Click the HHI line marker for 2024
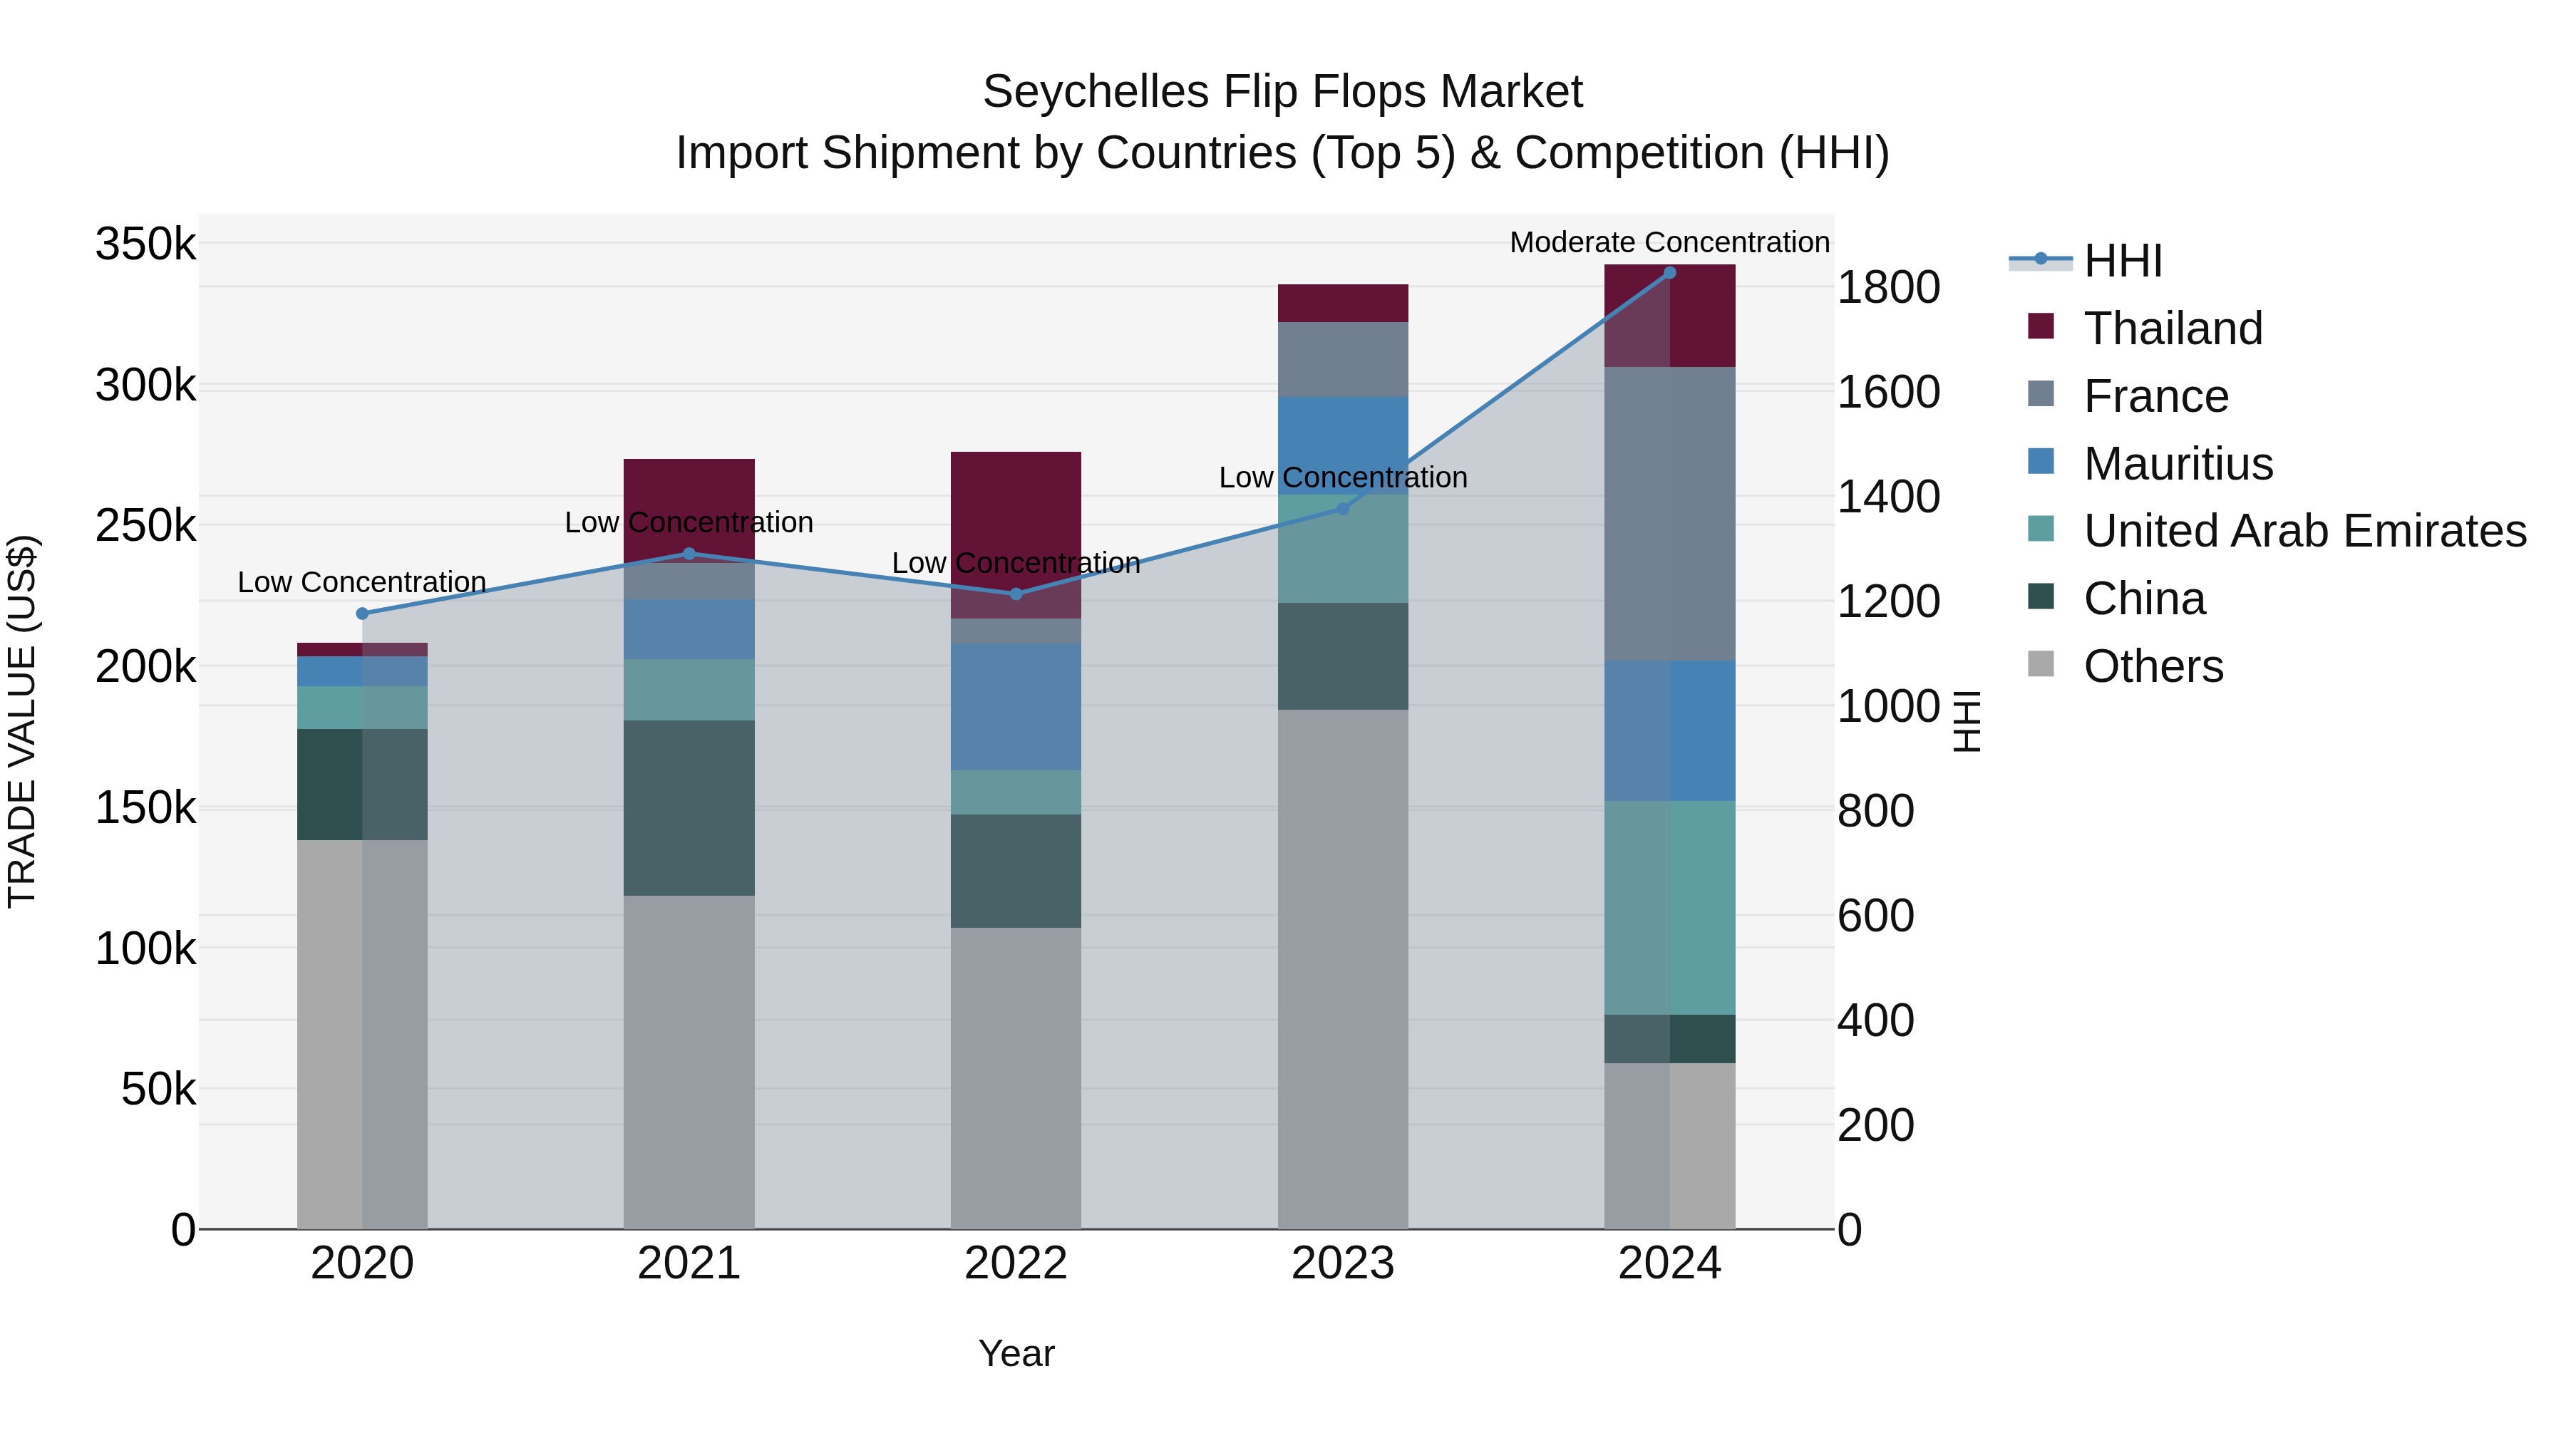pyautogui.click(x=1669, y=273)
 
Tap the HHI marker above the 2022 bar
pyautogui.click(x=1016, y=594)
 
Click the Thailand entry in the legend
pyautogui.click(x=2173, y=329)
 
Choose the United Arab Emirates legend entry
pyautogui.click(x=2304, y=531)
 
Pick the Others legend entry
pyautogui.click(x=2153, y=666)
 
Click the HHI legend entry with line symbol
pyautogui.click(x=2122, y=261)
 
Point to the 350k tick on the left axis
pyautogui.click(x=145, y=244)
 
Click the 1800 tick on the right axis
pyautogui.click(x=1887, y=288)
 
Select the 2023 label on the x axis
pyautogui.click(x=1343, y=1263)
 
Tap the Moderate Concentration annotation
pyautogui.click(x=1669, y=242)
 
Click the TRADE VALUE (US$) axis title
pyautogui.click(x=22, y=721)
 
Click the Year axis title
pyautogui.click(x=1016, y=1353)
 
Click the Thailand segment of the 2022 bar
pyautogui.click(x=1016, y=508)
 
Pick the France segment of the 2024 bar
pyautogui.click(x=1669, y=514)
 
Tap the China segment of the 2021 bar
pyautogui.click(x=689, y=807)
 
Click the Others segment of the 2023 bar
pyautogui.click(x=1343, y=968)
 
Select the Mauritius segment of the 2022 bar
pyautogui.click(x=1016, y=707)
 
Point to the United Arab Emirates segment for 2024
pyautogui.click(x=1669, y=907)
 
